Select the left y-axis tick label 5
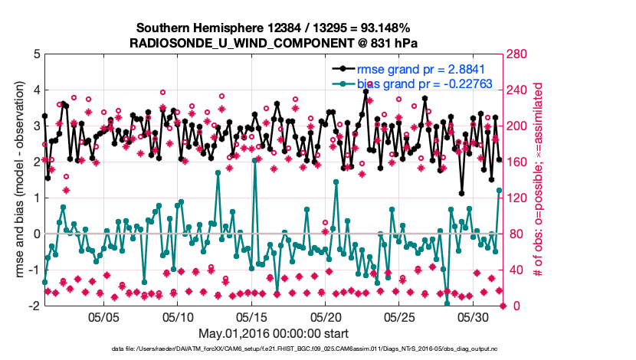point(37,54)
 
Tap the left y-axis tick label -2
point(34,306)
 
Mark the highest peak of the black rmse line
point(366,91)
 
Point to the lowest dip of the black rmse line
point(462,194)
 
